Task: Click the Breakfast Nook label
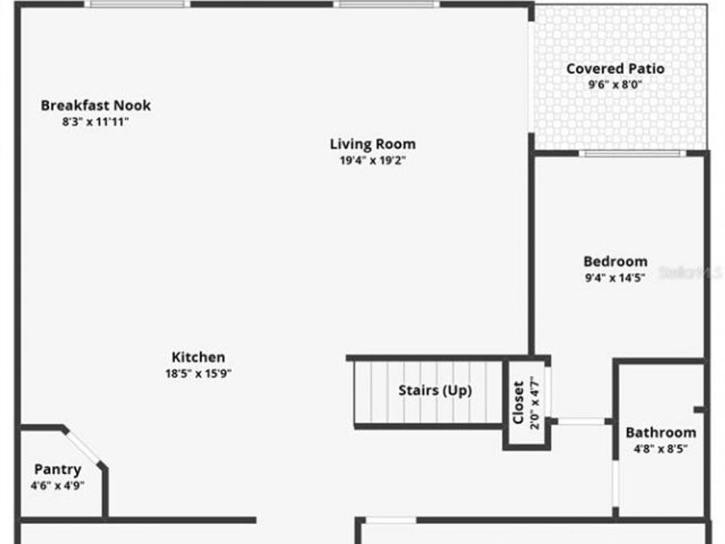96,106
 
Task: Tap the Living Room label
373,144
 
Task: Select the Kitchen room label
198,357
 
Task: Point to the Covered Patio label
615,69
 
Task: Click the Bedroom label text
615,261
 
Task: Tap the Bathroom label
661,433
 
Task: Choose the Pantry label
57,470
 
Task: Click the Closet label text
519,401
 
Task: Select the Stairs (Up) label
435,391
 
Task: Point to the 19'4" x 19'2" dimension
373,160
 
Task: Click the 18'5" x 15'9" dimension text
198,373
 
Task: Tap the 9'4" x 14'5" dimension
615,279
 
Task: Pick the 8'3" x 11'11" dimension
96,122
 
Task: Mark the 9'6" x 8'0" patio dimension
615,84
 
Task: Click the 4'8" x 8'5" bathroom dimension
661,449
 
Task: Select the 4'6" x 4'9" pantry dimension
57,485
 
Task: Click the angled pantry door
83,447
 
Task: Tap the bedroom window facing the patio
633,153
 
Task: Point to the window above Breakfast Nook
137,4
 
